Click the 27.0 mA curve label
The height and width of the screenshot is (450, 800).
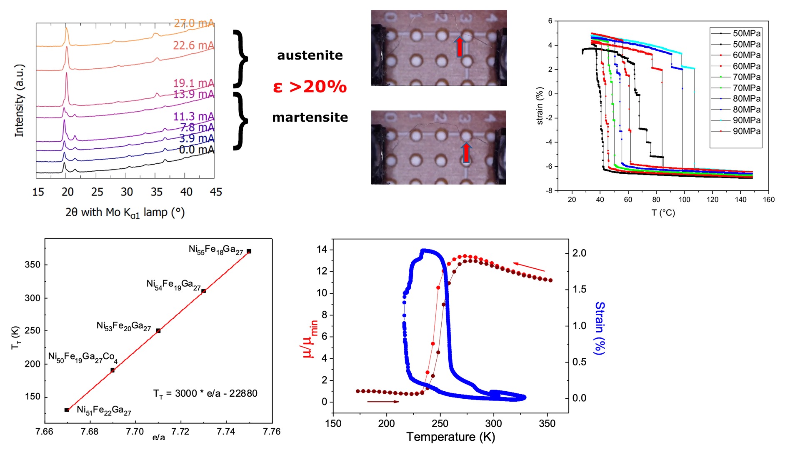point(194,23)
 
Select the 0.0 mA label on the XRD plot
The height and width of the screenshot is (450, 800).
point(196,150)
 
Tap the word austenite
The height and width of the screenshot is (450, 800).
point(310,55)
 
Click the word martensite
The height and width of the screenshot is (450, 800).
point(310,117)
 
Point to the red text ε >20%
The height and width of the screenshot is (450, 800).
point(310,87)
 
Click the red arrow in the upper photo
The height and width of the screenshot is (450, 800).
point(459,47)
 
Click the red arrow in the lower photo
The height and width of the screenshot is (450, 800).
point(466,152)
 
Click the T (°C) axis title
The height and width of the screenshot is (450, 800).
point(663,213)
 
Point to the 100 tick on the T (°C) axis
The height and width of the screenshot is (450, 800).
point(684,200)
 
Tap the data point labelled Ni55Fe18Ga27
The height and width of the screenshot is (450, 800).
point(249,251)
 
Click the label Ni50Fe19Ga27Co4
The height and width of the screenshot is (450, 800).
point(82,357)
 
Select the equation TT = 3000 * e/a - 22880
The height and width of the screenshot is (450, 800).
point(205,394)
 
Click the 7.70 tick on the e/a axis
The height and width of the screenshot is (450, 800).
point(135,432)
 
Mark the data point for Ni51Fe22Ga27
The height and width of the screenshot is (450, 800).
point(67,410)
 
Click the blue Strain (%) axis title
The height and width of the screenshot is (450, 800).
point(599,328)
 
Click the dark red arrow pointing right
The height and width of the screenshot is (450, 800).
point(383,402)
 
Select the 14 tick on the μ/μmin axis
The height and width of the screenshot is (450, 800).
point(322,250)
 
